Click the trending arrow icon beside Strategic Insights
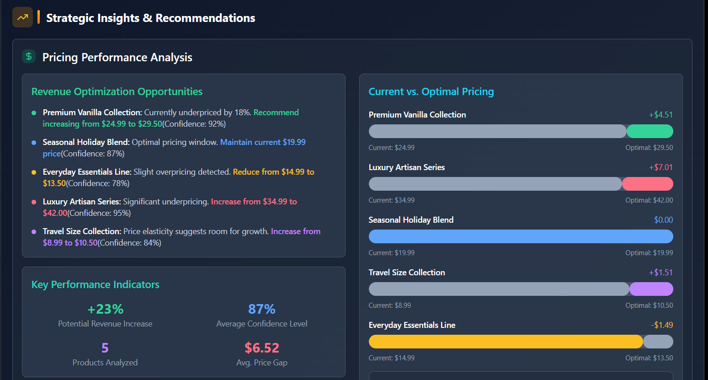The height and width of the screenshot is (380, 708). pos(22,17)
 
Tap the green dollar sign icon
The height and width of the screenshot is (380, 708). pos(29,57)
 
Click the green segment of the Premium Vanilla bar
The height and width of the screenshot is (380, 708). pos(650,131)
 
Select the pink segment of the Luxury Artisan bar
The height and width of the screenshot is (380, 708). pos(648,184)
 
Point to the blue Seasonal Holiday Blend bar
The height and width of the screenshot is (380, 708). pos(521,236)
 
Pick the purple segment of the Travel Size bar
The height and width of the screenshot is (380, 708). pos(651,289)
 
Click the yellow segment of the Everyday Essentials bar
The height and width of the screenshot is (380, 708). pos(506,342)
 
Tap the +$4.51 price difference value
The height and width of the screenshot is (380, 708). pos(661,115)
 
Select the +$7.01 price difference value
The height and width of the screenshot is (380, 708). pos(661,167)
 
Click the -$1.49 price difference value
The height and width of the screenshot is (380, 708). pos(662,325)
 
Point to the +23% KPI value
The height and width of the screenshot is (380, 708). pos(105,309)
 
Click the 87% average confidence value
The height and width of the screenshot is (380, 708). pos(262,309)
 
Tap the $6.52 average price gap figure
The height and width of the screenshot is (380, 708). pos(262,348)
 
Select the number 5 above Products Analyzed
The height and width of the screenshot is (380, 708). pos(105,348)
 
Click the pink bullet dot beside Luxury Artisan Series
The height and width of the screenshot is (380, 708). pos(34,202)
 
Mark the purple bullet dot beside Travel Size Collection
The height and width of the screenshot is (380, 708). pos(34,232)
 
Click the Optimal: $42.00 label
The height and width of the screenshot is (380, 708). pos(649,200)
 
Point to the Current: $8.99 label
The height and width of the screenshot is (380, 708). pos(390,305)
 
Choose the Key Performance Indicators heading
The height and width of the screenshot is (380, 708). pos(95,284)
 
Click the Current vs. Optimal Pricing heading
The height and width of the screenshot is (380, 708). pos(431,91)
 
